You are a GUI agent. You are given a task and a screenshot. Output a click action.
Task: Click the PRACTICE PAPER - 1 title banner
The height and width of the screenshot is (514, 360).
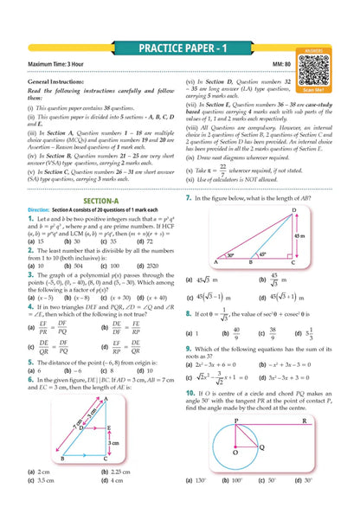point(179,50)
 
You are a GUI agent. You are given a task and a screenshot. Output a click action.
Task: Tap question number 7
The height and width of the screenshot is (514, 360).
point(189,198)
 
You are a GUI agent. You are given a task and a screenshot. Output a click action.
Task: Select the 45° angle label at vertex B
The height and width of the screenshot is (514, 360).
point(260,256)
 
